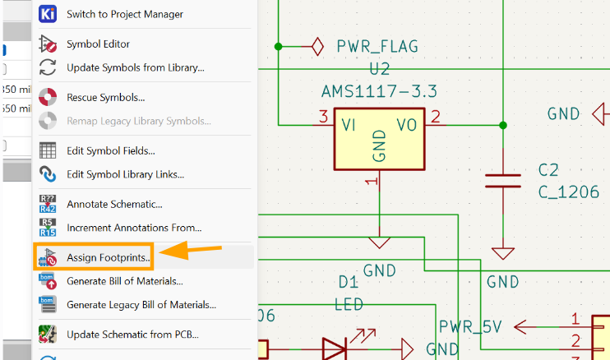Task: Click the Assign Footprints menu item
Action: point(107,257)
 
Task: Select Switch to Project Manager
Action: point(124,14)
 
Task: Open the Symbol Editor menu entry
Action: point(98,44)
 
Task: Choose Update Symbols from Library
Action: point(135,67)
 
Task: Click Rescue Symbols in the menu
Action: point(105,97)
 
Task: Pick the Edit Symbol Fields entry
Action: point(110,150)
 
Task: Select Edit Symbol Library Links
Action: point(125,174)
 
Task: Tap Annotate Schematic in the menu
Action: point(114,204)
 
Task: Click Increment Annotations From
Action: point(134,228)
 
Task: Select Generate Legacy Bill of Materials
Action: point(141,305)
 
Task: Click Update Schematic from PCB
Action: point(132,335)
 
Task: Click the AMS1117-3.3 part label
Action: point(379,90)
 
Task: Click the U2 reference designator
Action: point(379,68)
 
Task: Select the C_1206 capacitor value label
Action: point(568,192)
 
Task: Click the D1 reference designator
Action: point(349,282)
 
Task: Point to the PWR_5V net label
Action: point(469,327)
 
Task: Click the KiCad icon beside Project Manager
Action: point(48,14)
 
